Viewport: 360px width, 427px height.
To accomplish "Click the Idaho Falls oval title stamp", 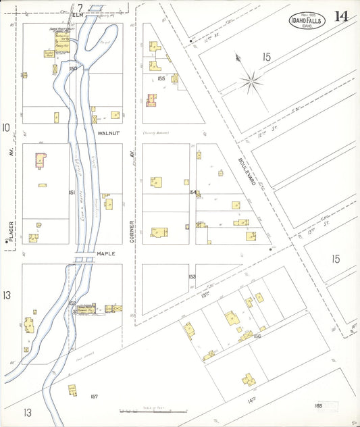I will pyautogui.click(x=308, y=20).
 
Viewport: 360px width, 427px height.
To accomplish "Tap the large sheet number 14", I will pyautogui.click(x=341, y=16).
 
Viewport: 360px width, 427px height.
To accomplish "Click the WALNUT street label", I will pyautogui.click(x=108, y=134).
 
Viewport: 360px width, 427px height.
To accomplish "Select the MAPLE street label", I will pyautogui.click(x=107, y=254).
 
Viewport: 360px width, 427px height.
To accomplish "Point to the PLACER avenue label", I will pyautogui.click(x=11, y=229).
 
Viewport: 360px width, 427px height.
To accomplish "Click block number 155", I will pyautogui.click(x=161, y=78).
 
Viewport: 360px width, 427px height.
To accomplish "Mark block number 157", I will pyautogui.click(x=95, y=397).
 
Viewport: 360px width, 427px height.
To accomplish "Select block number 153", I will pyautogui.click(x=192, y=276).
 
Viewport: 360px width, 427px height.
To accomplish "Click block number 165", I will pyautogui.click(x=318, y=405).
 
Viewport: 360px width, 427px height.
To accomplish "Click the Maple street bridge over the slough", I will pyautogui.click(x=85, y=255).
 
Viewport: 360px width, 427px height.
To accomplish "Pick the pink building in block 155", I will pyautogui.click(x=151, y=101).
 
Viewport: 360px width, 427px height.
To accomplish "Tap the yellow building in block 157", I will pyautogui.click(x=72, y=389).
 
